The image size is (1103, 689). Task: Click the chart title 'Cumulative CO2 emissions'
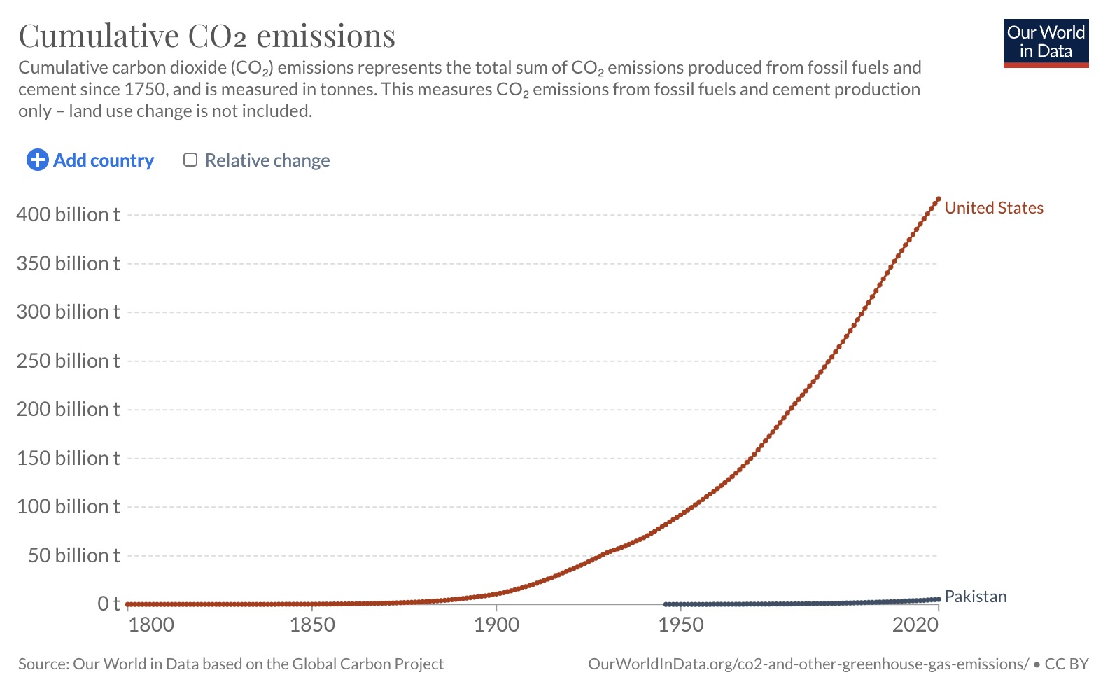207,36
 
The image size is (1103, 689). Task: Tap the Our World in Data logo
1046,43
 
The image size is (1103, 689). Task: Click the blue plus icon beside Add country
37,160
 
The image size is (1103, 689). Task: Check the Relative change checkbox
190,160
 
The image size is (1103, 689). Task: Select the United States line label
993,208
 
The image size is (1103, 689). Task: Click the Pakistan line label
975,597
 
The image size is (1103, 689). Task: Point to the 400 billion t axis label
68,214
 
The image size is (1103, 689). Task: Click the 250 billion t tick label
68,361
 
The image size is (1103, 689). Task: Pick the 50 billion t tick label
73,555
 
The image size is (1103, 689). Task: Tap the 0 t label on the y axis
108,604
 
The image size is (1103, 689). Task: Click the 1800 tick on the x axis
151,625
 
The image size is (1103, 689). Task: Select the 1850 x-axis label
312,625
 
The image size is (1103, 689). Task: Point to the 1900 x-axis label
496,625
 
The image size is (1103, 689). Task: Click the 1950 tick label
680,625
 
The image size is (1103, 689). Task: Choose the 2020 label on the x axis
915,625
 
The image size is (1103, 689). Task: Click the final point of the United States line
939,199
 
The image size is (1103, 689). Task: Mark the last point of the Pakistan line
939,599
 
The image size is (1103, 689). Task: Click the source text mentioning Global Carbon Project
231,664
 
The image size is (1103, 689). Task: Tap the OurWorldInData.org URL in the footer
808,664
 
